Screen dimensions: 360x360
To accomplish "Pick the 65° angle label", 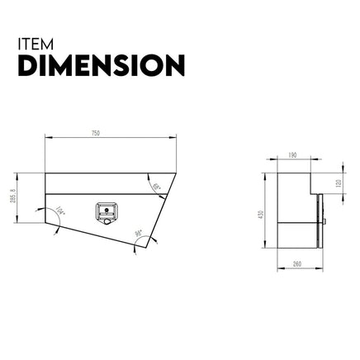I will click(157, 187).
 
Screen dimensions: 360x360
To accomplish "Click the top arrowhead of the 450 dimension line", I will click(266, 172).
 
